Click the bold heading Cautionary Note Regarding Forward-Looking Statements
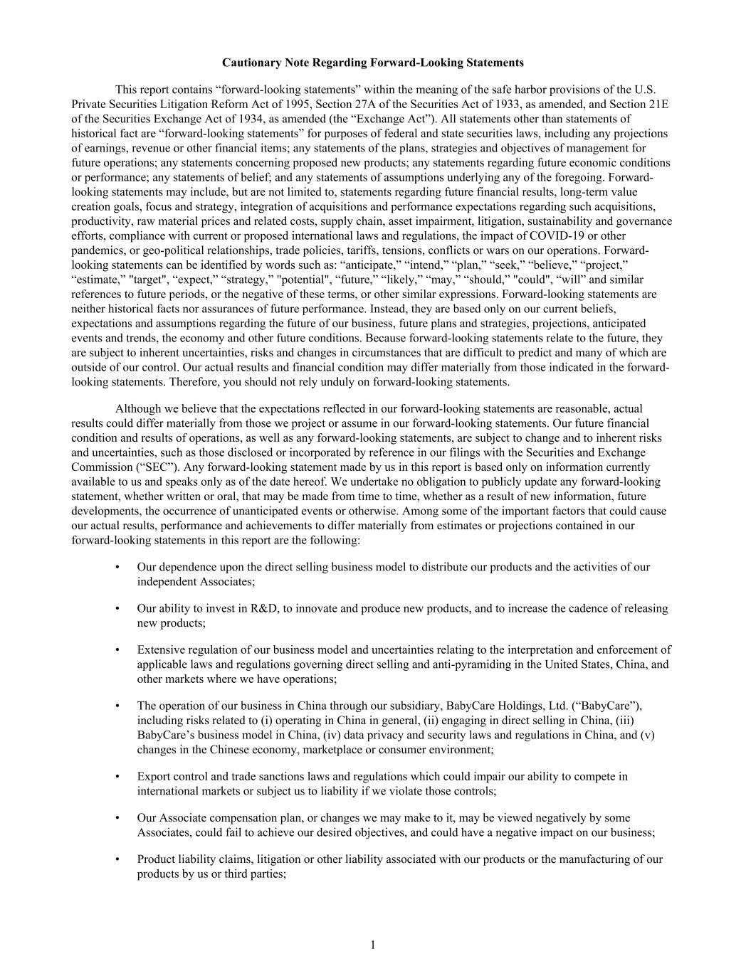[x=372, y=63]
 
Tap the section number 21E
[x=656, y=105]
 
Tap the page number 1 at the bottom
[x=372, y=945]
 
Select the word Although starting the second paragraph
[x=139, y=409]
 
